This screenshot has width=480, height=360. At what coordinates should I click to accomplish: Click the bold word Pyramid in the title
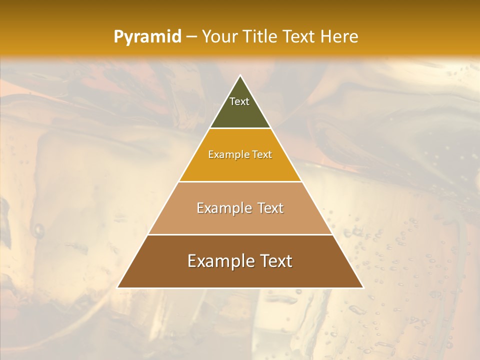pos(147,36)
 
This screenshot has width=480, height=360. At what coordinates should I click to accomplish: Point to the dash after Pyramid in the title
pos(191,37)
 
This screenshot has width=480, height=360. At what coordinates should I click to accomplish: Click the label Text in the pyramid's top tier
pos(239,101)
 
